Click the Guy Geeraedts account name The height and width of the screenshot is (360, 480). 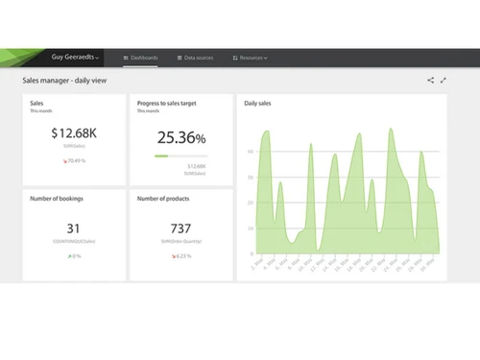click(x=74, y=58)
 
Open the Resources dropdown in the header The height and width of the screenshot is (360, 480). click(x=252, y=59)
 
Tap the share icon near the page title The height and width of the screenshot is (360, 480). click(x=430, y=81)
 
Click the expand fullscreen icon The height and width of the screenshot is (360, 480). click(x=444, y=81)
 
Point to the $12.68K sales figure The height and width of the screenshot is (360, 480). click(x=73, y=135)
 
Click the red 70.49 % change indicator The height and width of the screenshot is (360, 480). click(x=73, y=160)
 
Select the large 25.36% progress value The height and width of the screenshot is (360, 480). click(x=180, y=138)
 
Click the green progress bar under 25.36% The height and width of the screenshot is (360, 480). click(x=161, y=156)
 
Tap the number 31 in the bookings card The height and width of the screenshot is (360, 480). click(x=73, y=228)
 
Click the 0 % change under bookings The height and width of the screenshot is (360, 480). click(x=74, y=256)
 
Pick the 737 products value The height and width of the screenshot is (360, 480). click(x=180, y=228)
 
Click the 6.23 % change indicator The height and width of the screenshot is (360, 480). click(x=180, y=256)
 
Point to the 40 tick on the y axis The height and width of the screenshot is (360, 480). click(x=250, y=178)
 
